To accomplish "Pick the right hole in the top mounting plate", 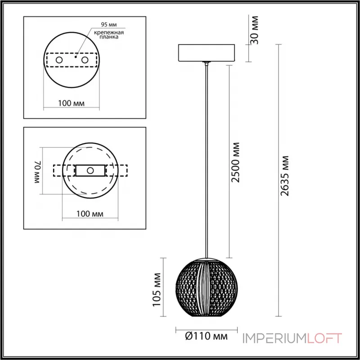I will tap(84, 59).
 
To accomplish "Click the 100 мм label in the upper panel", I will tap(72, 103).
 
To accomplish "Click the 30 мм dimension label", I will tap(254, 31).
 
